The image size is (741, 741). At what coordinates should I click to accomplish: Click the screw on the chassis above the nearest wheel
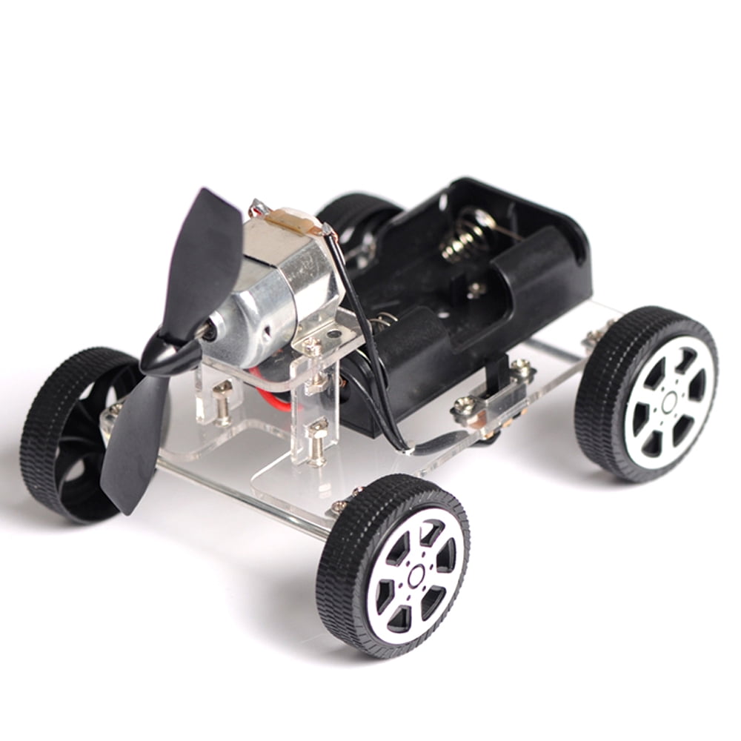pos(339,505)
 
